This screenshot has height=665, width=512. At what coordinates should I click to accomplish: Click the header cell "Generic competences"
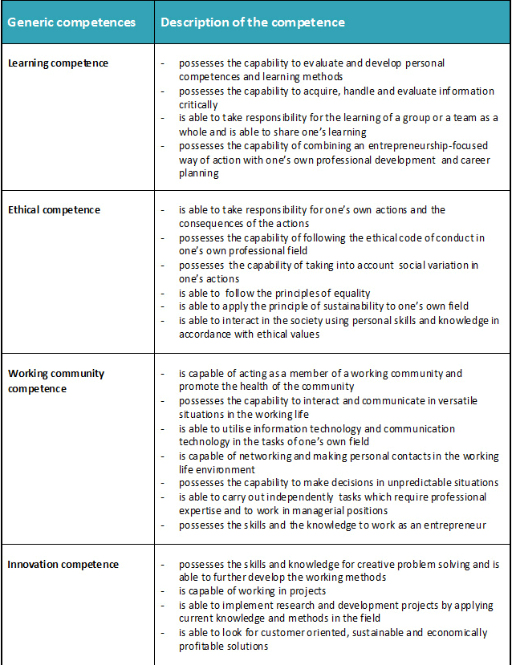pos(71,22)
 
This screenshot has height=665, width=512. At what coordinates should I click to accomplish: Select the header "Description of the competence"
pos(253,22)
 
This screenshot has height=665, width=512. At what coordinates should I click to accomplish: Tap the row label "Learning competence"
pos(58,63)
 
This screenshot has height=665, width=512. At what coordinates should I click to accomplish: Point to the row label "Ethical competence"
pos(54,210)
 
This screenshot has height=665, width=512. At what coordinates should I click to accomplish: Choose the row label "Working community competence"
pos(55,381)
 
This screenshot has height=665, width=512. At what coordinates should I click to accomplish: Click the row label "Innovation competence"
pos(63,565)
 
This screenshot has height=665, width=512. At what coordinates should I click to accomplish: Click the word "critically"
pos(198,104)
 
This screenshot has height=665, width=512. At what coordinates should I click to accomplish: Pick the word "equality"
pos(348,293)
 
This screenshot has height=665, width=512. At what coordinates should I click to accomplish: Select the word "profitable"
pos(202,647)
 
